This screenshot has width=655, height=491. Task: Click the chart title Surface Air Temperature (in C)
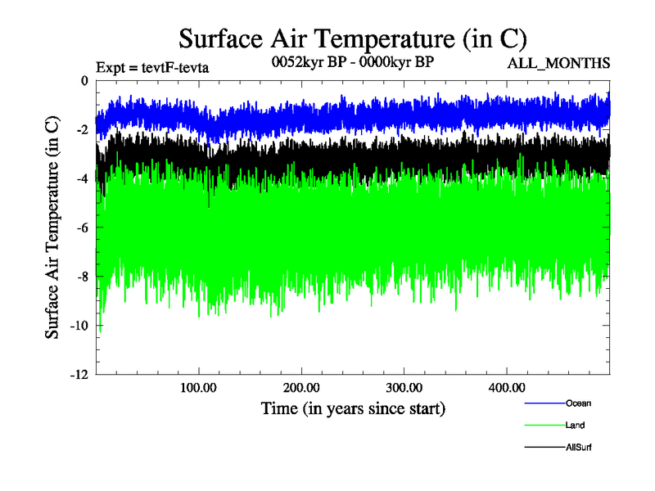point(352,38)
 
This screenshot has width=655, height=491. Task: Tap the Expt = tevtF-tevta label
point(152,67)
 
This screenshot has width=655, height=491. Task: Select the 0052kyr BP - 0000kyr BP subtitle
point(353,62)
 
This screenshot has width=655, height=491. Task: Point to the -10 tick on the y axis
point(79,326)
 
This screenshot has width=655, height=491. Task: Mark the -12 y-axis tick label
point(79,375)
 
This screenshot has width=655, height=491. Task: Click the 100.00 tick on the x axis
point(198,387)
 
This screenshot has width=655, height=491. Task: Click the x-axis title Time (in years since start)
point(353,408)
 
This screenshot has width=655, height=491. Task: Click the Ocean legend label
point(578,403)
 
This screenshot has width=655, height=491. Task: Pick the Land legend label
point(575,425)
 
